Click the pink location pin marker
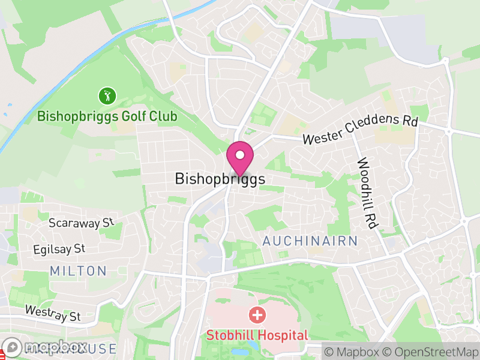[240, 158]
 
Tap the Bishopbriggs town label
[220, 179]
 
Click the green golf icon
[107, 95]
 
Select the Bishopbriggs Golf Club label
[107, 116]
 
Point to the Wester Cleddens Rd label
[359, 130]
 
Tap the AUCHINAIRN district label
[310, 241]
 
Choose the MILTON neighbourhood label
[78, 271]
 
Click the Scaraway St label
[81, 223]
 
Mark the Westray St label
[52, 312]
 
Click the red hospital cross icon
[257, 314]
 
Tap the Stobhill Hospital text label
[257, 335]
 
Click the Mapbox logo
[45, 347]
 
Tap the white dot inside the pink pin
[240, 154]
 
